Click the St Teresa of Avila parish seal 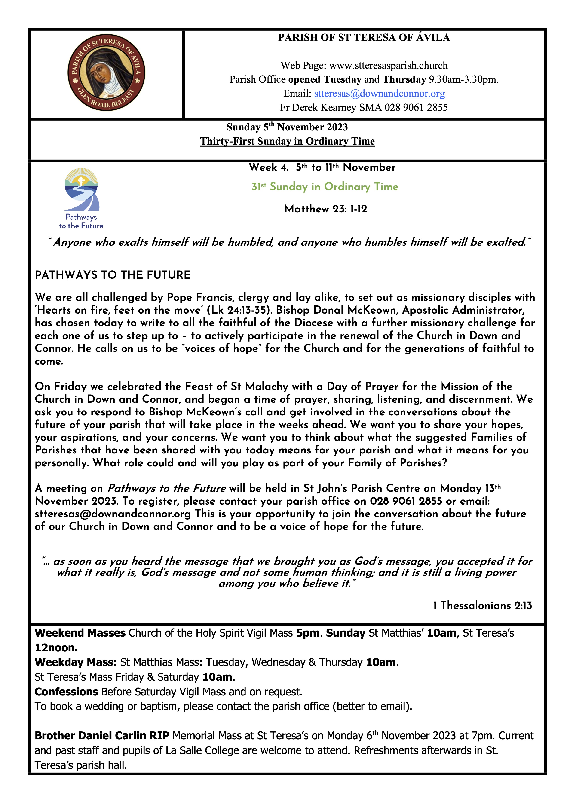coord(106,73)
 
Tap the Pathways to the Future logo coord(81,199)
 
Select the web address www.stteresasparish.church coord(388,66)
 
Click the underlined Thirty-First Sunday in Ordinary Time coord(287,142)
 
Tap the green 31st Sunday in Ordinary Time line coord(325,187)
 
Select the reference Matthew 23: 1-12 coord(325,209)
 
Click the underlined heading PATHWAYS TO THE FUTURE coord(113,275)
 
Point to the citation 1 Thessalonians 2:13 coord(482,605)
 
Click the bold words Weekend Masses coord(80,633)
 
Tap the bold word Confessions coord(66,692)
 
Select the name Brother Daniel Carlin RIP coord(102,736)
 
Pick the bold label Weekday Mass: coord(76,662)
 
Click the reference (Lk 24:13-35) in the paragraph coord(239,310)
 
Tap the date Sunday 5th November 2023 coord(287,127)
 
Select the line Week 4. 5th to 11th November coord(322,167)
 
